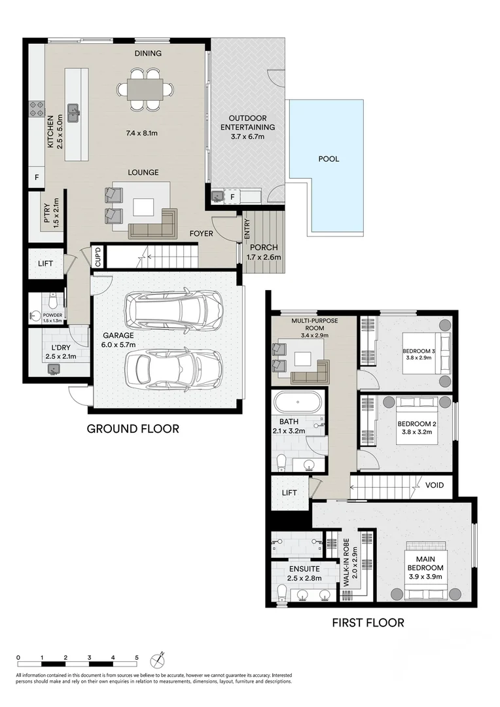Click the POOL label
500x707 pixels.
click(329, 158)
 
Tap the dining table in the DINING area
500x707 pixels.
click(145, 88)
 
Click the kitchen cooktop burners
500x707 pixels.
click(37, 109)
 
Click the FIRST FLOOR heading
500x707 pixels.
click(368, 623)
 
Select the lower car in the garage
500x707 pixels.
click(174, 368)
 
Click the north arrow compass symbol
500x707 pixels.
click(158, 657)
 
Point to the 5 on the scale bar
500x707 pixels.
click(137, 657)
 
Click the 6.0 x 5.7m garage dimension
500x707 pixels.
click(118, 344)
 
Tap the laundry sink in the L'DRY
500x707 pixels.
click(52, 370)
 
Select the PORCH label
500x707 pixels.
click(263, 247)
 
